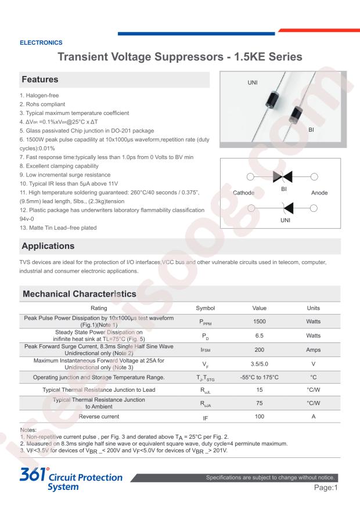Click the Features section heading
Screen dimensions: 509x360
40,79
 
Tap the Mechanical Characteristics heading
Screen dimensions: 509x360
80,294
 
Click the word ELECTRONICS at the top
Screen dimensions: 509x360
41,42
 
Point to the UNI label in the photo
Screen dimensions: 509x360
253,83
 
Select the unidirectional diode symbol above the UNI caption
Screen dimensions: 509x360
285,208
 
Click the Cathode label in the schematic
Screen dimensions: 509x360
244,193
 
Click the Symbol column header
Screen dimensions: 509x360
206,308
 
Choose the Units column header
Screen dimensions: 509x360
314,308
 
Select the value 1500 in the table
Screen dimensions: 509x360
260,321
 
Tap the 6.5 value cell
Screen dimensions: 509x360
260,335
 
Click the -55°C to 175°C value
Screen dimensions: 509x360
260,377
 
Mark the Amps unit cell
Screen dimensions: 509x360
314,349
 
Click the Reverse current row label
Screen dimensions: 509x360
99,416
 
